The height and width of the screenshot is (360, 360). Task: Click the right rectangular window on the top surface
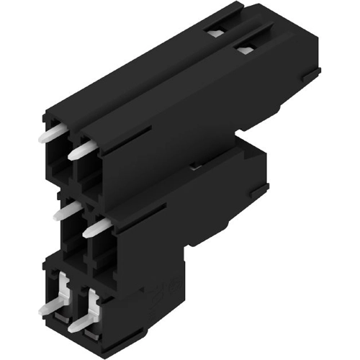245,48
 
